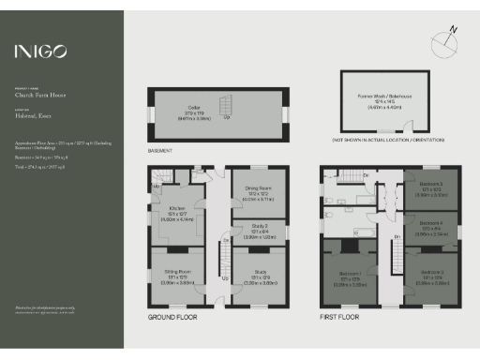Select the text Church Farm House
[37, 94]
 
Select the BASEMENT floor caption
[159, 149]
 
